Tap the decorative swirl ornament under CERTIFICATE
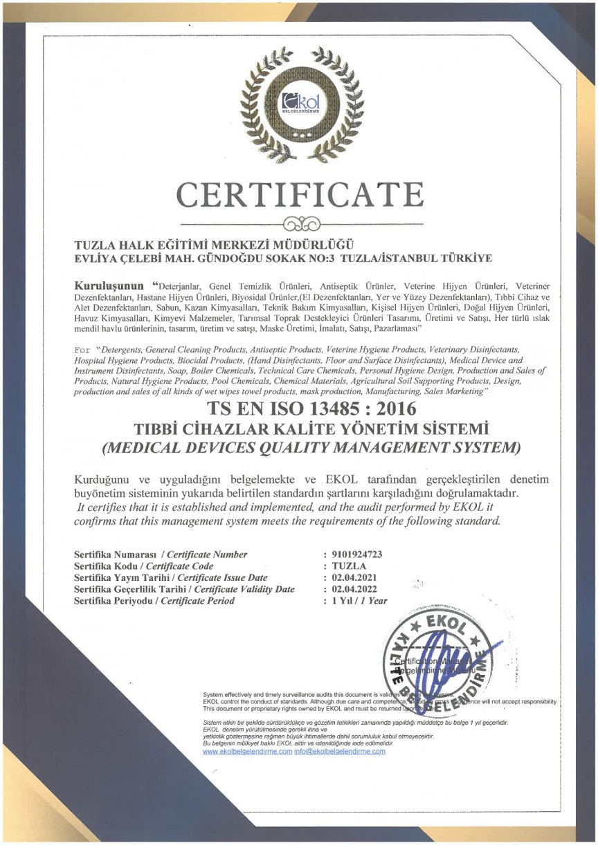[x=299, y=225]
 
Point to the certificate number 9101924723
[x=363, y=555]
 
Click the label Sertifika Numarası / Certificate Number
[x=156, y=555]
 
